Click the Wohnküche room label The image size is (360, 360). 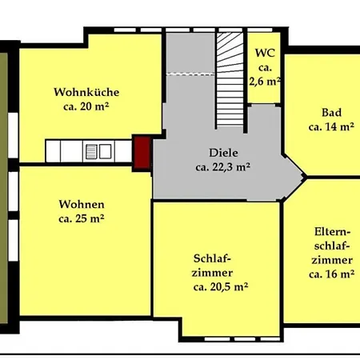click(86, 92)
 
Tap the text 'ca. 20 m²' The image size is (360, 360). click(86, 106)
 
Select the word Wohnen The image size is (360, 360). click(82, 205)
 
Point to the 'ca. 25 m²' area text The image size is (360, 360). click(82, 219)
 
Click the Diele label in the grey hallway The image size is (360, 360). click(223, 153)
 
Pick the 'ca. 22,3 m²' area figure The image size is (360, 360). click(222, 167)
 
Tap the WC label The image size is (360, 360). click(265, 53)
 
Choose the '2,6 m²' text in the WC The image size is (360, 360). click(265, 82)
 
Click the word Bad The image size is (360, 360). click(331, 112)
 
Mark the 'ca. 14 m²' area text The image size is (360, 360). click(331, 126)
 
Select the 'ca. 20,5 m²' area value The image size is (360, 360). click(221, 287)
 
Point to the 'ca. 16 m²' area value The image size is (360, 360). click(332, 274)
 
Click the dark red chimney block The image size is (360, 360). click(142, 153)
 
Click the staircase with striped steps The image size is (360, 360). click(230, 79)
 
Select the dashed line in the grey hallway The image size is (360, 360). click(190, 74)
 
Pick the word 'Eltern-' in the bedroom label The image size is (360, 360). click(332, 231)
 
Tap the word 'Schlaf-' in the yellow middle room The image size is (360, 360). click(212, 258)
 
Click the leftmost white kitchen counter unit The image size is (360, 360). click(53, 151)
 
